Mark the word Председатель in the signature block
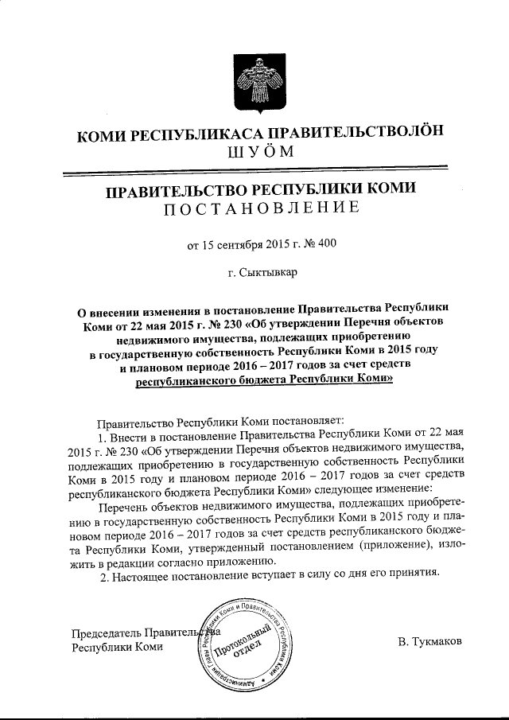105,633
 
